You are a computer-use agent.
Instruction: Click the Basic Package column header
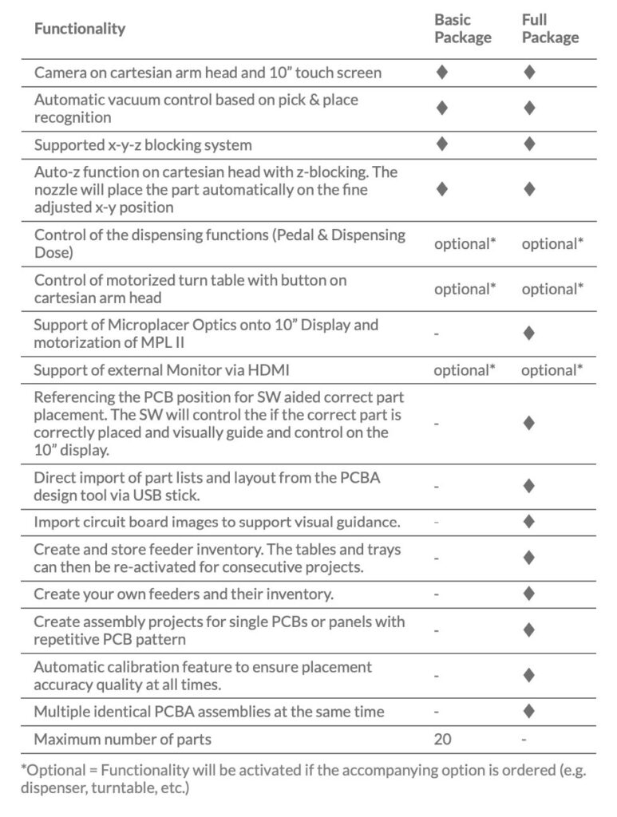pos(462,29)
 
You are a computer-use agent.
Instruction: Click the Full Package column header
pos(550,29)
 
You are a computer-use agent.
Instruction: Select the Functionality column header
pos(80,29)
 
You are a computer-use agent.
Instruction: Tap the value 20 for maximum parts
pos(442,740)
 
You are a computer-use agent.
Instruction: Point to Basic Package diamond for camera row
pos(442,73)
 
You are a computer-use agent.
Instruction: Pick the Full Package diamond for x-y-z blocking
pos(528,145)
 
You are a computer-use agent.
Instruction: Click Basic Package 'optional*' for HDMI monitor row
pos(465,370)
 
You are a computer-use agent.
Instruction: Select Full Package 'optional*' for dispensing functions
pos(552,243)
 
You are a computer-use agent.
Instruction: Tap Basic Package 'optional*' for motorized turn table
pos(465,289)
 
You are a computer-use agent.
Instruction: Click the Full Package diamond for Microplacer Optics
pos(528,334)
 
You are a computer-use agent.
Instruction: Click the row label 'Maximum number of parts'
pos(122,740)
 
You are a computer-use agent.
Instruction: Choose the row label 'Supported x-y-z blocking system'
pos(143,145)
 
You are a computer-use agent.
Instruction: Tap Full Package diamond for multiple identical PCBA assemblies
pos(528,711)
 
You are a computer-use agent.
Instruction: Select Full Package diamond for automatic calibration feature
pos(528,675)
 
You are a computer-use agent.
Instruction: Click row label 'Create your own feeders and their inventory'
pos(184,594)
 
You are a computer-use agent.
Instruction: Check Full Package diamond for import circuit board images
pos(528,523)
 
